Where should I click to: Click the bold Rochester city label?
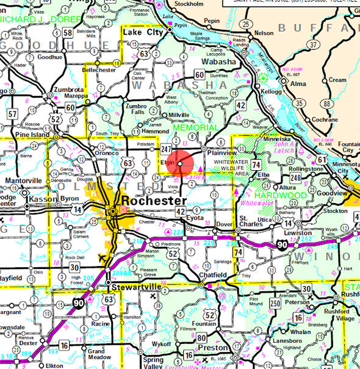(153, 200)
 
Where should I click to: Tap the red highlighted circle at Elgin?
(180, 163)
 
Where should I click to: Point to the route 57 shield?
(12, 113)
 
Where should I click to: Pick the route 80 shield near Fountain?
(201, 337)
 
